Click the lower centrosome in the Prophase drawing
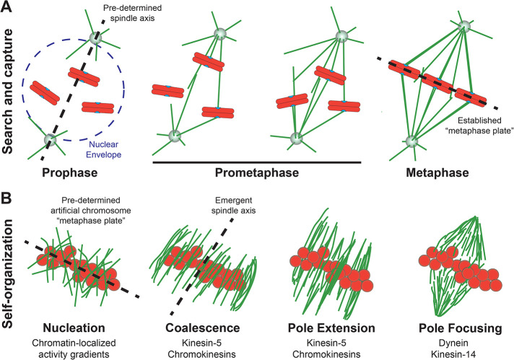(x=51, y=139)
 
